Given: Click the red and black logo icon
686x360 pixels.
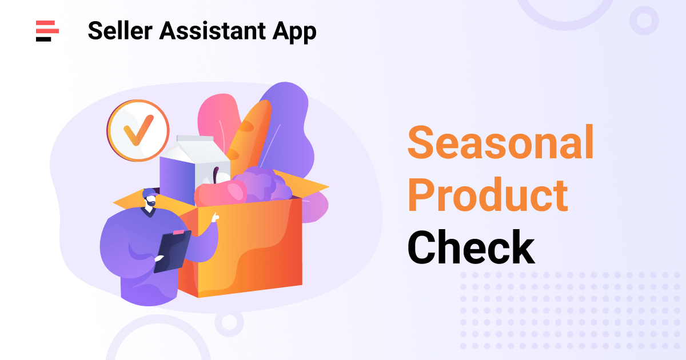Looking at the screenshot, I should (x=47, y=30).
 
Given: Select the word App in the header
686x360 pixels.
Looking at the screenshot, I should (x=294, y=32).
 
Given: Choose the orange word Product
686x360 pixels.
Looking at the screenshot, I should (x=487, y=195).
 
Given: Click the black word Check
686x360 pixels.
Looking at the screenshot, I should (x=471, y=247).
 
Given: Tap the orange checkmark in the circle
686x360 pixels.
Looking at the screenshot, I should (x=138, y=130).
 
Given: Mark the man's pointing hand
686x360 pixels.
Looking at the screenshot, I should (x=215, y=217).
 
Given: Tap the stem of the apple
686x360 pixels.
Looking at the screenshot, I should (x=216, y=174).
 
